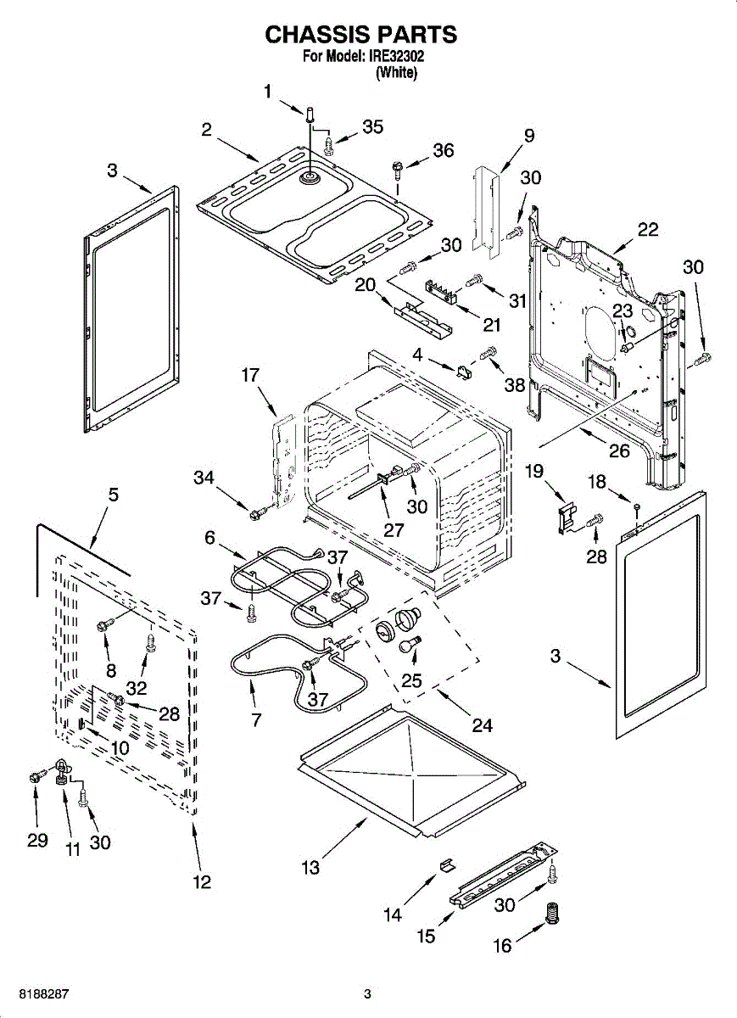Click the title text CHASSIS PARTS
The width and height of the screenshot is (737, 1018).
point(360,35)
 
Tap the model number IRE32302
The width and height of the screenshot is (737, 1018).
point(396,58)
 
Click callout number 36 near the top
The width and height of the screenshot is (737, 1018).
point(443,150)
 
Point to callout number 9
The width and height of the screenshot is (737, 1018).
point(528,135)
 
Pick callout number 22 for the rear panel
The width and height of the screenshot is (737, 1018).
point(648,230)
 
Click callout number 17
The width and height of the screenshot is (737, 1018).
point(248,374)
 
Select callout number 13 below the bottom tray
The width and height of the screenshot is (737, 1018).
point(311,867)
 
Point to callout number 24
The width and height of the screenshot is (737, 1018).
point(482,725)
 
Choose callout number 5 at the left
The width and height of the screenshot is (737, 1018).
point(113,495)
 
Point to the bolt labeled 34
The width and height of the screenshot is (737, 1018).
point(256,512)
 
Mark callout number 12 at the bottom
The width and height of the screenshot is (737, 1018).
point(200,882)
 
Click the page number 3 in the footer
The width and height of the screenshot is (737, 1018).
point(367,993)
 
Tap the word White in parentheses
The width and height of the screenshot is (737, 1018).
point(396,74)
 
